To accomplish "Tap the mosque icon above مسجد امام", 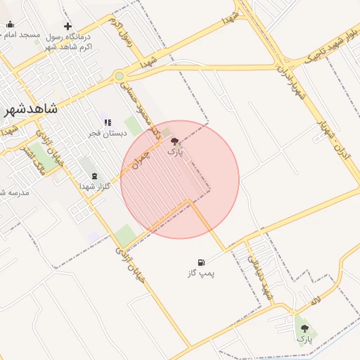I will [10, 25].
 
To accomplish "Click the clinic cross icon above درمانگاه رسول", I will [67, 26].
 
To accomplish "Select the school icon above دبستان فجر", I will [107, 122].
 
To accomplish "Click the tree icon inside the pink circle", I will [174, 141].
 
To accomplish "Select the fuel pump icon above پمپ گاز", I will [202, 262].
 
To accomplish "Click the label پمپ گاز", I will [202, 273].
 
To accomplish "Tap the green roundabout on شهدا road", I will [120, 76].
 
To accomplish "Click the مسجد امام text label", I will [21, 35].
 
